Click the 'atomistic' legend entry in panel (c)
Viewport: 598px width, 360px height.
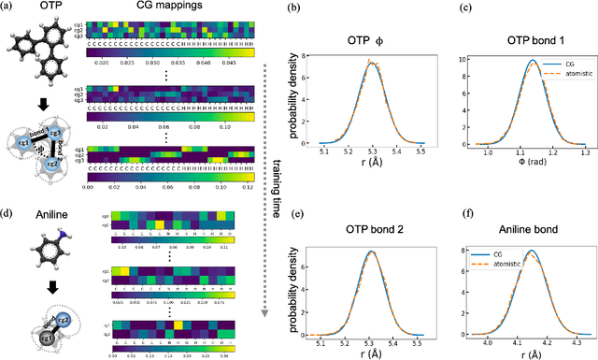562,81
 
